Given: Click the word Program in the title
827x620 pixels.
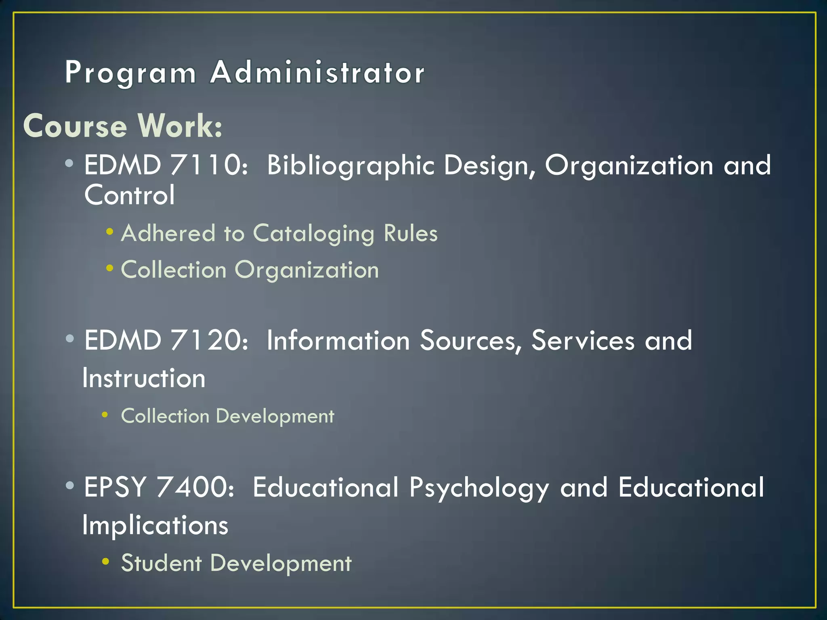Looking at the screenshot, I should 130,73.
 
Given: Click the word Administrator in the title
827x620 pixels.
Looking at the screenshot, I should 317,73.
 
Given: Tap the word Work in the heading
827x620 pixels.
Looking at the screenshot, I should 180,126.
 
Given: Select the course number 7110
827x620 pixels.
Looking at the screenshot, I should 206,165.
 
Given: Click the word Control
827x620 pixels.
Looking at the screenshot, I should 129,195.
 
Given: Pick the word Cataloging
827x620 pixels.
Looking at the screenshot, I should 313,234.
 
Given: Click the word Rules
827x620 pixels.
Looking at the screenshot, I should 411,233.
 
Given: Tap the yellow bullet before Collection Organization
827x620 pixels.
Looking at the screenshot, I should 109,268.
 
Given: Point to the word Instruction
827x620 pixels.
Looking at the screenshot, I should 144,379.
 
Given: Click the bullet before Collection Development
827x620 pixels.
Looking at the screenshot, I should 105,415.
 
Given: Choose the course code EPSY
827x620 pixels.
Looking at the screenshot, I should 115,487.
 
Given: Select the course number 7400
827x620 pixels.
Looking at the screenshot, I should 195,487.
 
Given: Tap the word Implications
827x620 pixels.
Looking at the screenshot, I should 155,526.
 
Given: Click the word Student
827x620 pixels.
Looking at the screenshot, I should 161,563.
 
